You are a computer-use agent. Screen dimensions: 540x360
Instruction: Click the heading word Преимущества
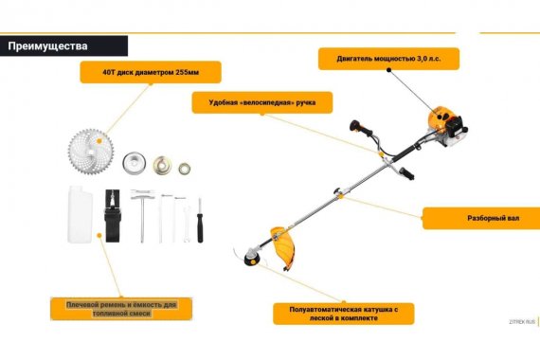coord(47,46)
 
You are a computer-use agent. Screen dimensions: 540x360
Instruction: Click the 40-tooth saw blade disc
coord(91,152)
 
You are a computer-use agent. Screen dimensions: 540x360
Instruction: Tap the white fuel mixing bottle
coord(80,214)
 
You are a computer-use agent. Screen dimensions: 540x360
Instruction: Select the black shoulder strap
coord(113,216)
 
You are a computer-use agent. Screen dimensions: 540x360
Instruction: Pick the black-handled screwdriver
coord(200,221)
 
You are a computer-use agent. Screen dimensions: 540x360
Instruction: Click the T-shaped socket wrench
coord(142,216)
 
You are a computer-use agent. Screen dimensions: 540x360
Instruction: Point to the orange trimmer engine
coord(447,125)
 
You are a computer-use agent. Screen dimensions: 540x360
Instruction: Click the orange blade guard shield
coord(284,247)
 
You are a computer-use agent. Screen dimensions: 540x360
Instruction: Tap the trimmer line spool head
coord(252,258)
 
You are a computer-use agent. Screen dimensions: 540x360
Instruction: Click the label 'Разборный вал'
coord(494,218)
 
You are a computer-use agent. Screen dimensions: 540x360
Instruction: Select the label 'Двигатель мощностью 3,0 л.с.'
coord(388,59)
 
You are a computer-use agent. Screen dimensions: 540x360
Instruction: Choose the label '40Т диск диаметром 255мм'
coord(151,72)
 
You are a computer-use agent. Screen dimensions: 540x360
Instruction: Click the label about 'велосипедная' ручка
coord(262,102)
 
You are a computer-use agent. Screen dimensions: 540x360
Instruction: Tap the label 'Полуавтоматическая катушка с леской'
coord(344,314)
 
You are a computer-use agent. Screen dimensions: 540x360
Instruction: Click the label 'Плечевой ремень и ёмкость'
coord(121,309)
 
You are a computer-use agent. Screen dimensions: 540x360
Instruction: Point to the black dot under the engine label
coord(388,70)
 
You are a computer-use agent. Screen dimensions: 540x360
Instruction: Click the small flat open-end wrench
coord(187,225)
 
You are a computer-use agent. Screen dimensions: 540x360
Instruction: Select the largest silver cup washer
coord(134,162)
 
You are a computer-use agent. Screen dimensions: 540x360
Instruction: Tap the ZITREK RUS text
coord(522,322)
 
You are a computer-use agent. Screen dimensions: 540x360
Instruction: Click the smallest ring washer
coord(184,169)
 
